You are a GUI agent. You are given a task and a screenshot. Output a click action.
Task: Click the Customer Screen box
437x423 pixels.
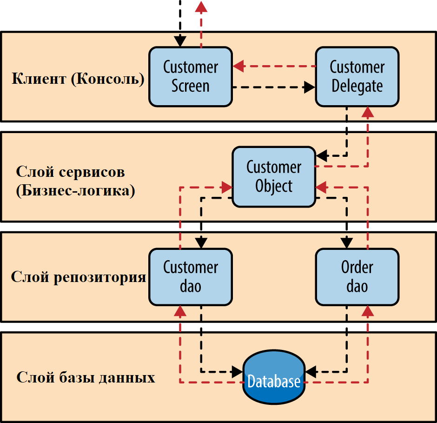point(191,77)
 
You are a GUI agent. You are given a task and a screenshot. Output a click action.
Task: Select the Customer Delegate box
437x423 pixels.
point(357,77)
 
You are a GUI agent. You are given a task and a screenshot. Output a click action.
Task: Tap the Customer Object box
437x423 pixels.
point(274,176)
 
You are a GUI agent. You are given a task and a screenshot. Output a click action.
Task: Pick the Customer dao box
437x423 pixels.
point(191,277)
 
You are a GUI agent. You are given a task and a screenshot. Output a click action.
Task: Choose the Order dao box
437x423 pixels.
point(357,277)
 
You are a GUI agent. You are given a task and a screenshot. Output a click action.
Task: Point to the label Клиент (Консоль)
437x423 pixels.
point(78,79)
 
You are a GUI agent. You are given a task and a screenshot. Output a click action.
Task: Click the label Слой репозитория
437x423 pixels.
point(79,277)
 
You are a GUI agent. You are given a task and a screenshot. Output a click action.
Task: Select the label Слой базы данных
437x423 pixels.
point(86,377)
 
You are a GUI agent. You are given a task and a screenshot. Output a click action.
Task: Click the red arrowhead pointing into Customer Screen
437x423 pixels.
point(238,67)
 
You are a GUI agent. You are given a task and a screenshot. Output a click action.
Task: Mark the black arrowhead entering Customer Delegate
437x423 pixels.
point(309,87)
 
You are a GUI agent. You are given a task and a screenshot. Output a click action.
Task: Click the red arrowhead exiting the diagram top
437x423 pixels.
point(201,6)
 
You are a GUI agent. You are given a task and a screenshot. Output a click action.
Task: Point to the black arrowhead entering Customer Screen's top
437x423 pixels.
point(180,41)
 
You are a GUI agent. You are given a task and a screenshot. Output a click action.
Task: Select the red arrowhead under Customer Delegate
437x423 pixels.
point(368,112)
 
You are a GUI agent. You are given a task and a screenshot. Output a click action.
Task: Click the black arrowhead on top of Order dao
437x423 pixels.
point(346,242)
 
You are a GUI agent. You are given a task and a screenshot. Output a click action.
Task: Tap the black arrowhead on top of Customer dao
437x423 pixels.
point(201,242)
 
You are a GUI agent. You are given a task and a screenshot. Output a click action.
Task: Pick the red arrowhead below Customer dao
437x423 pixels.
point(180,311)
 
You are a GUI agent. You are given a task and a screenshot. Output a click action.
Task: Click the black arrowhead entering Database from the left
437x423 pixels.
point(238,371)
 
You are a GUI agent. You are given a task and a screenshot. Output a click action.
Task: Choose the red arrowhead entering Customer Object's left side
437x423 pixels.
point(227,188)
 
